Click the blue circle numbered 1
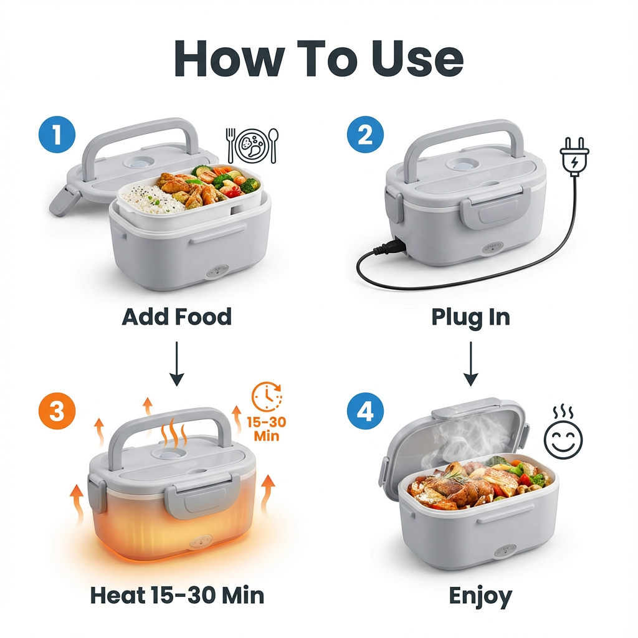click(x=57, y=136)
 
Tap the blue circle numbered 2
click(x=366, y=136)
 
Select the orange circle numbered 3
click(x=57, y=412)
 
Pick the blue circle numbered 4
click(x=366, y=412)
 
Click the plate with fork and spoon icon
click(x=253, y=145)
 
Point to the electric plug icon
click(x=573, y=156)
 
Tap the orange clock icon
click(x=267, y=396)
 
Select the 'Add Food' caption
click(x=176, y=317)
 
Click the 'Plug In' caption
click(x=470, y=317)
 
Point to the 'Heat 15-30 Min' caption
click(x=177, y=595)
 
